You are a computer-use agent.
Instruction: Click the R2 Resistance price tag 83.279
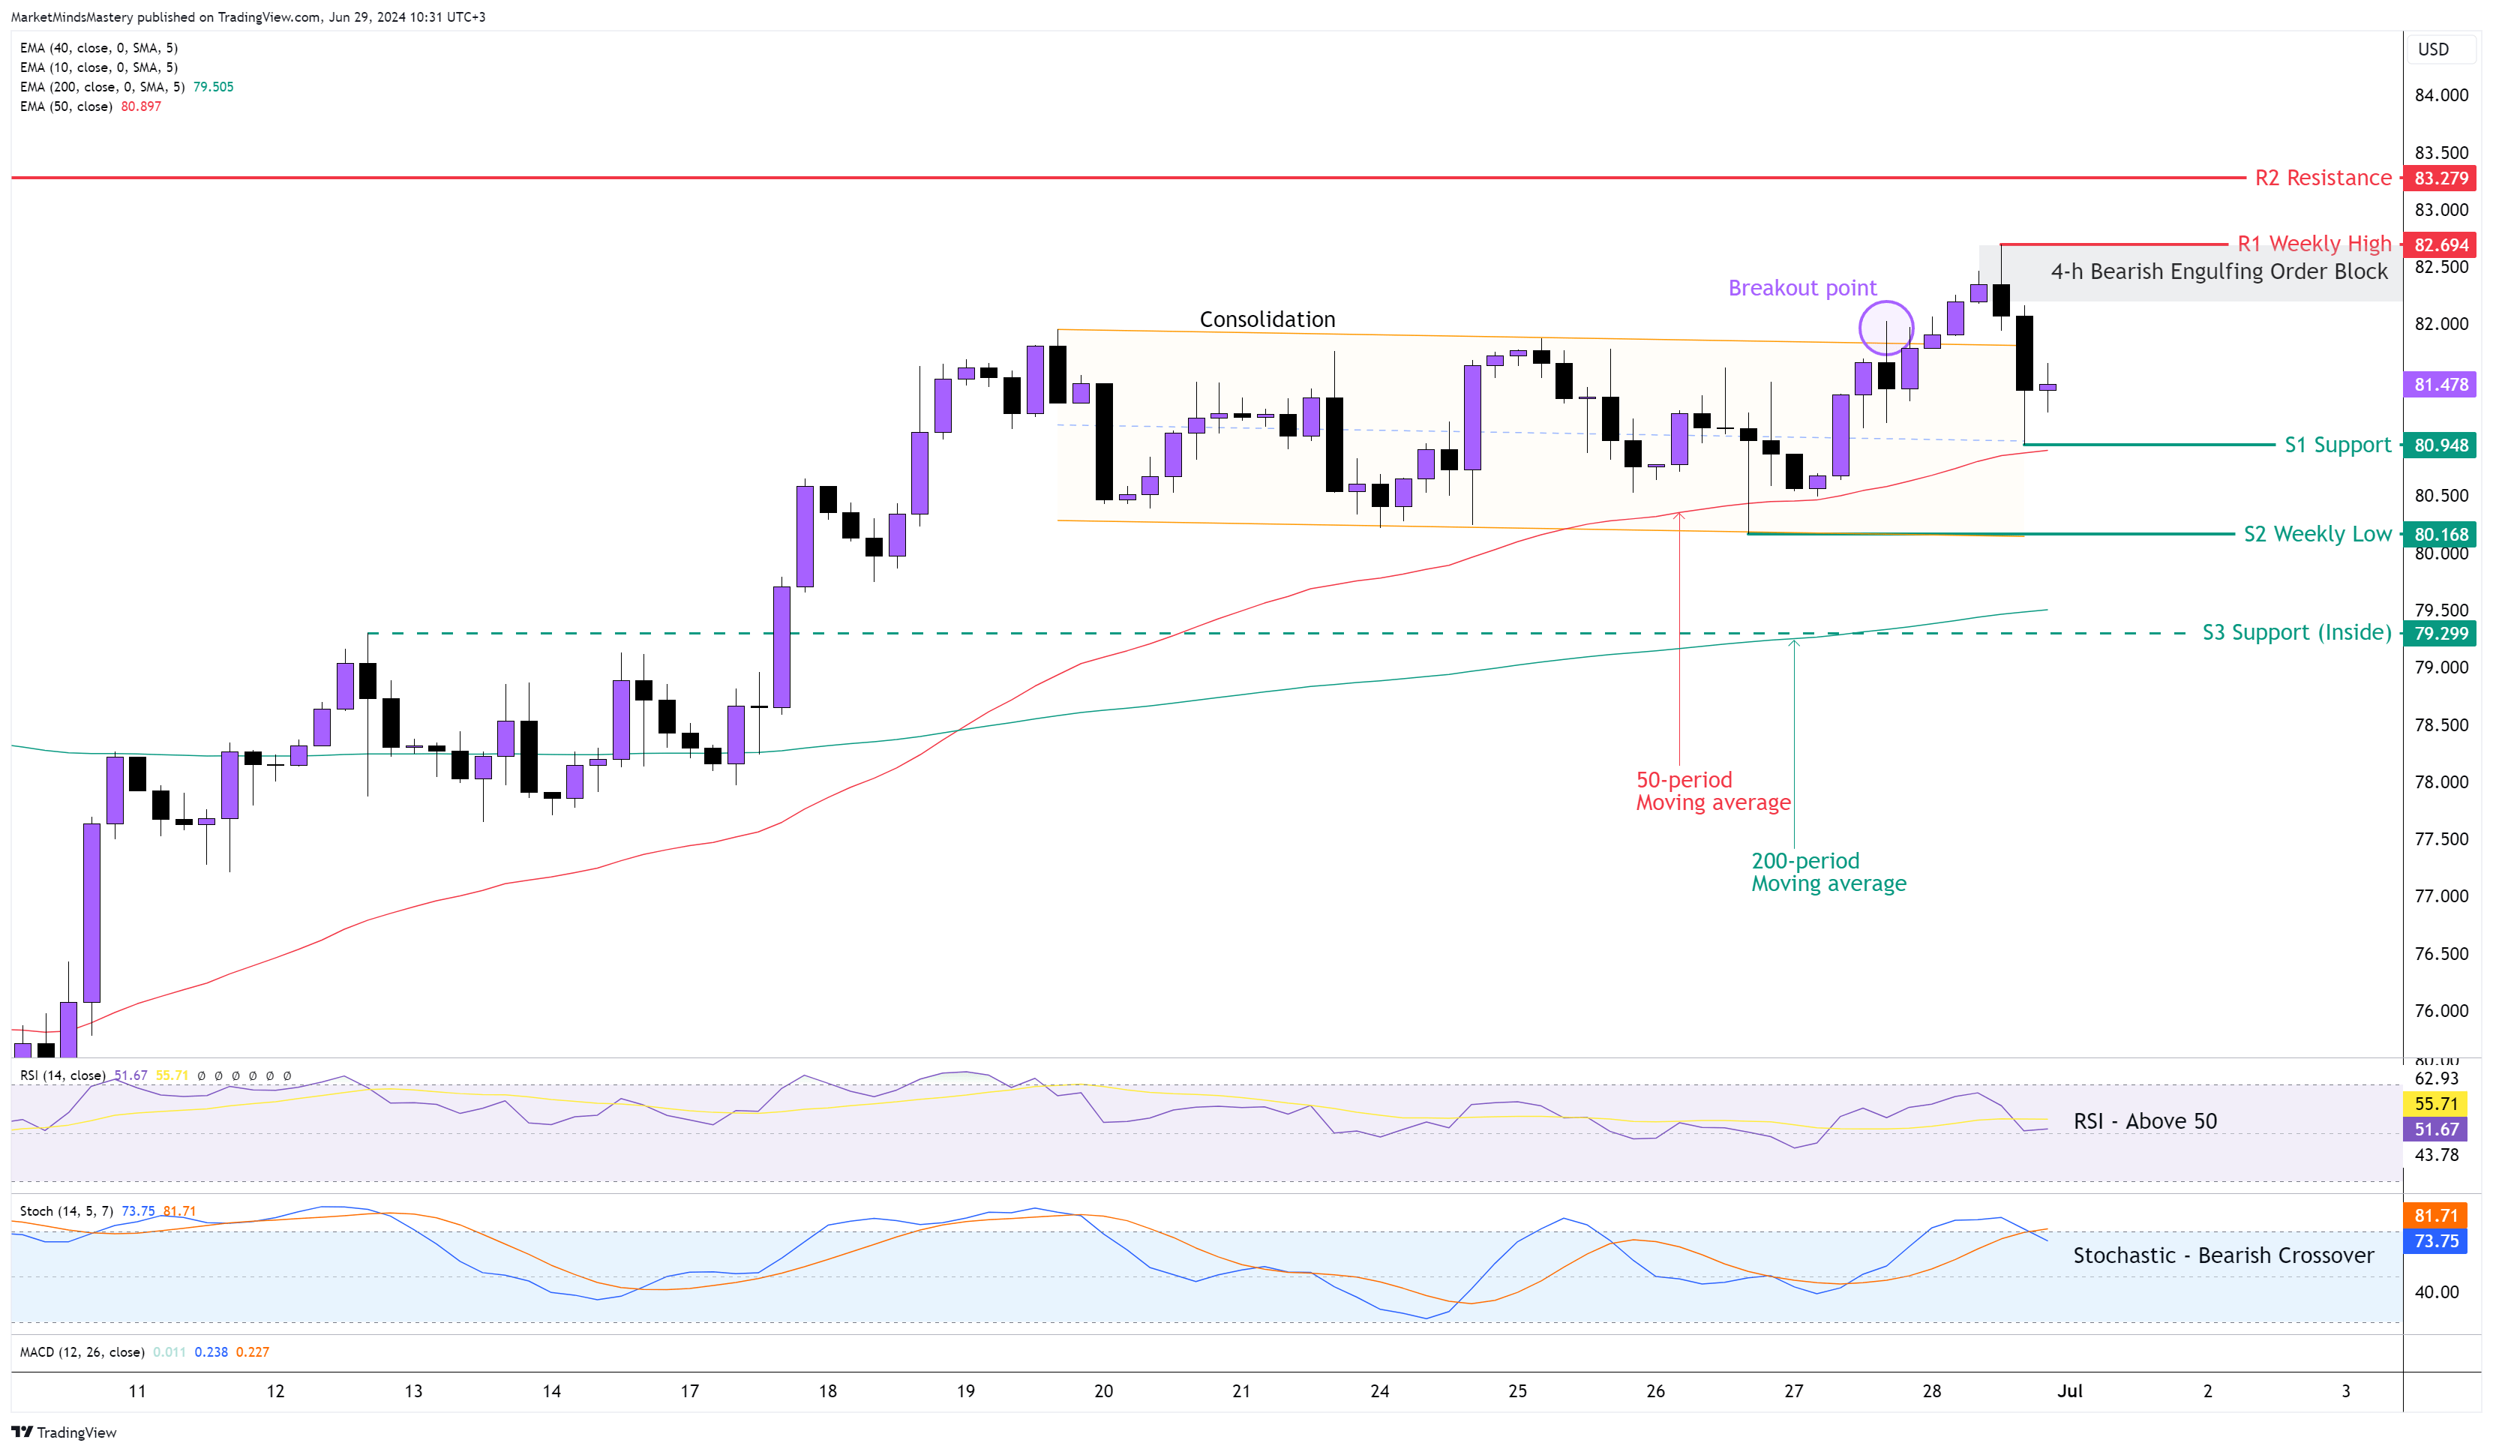[x=2440, y=178]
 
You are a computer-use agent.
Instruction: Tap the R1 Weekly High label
[x=2314, y=243]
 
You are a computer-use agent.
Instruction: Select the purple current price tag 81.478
[x=2440, y=385]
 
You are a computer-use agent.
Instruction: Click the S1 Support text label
[x=2337, y=445]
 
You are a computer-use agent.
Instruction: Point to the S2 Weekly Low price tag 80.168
[x=2440, y=534]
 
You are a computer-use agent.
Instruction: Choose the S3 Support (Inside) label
[x=2296, y=632]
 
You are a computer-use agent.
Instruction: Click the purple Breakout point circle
[x=1885, y=328]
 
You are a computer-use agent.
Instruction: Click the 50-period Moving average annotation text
[x=1712, y=791]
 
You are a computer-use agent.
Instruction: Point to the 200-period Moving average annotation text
[x=1828, y=872]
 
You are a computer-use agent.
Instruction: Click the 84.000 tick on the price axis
[x=2440, y=95]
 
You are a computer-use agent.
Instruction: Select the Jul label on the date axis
[x=2069, y=1390]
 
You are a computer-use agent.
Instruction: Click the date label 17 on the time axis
[x=689, y=1390]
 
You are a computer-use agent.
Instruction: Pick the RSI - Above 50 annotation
[x=2145, y=1120]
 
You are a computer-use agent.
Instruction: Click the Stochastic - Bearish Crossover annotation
[x=2223, y=1255]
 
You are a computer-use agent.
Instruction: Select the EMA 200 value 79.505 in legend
[x=214, y=87]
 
